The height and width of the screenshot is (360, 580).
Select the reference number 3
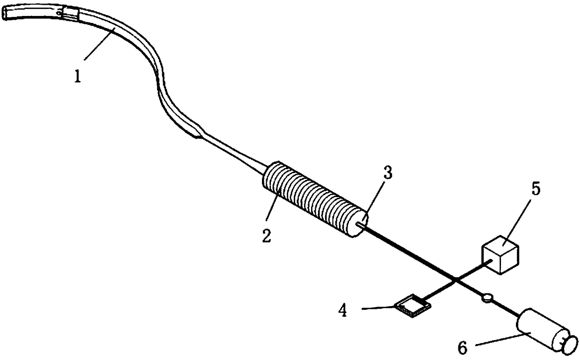click(x=387, y=173)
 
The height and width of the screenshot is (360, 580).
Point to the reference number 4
click(x=343, y=311)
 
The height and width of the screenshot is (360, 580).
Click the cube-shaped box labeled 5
click(x=500, y=254)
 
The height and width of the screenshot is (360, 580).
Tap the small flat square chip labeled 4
click(x=412, y=307)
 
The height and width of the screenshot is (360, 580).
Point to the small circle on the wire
click(x=487, y=297)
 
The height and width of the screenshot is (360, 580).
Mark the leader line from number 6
click(x=499, y=340)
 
